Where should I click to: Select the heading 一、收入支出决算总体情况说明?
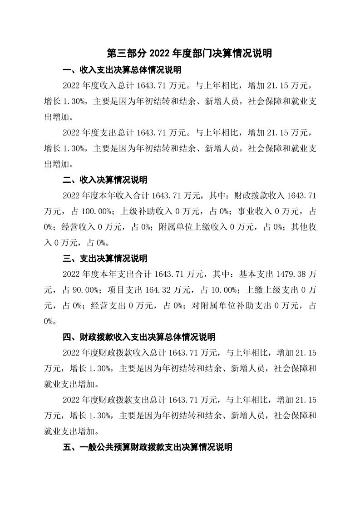pyautogui.click(x=122, y=70)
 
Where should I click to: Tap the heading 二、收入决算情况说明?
pyautogui.click(x=105, y=180)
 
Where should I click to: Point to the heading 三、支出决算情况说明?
pyautogui.click(x=105, y=259)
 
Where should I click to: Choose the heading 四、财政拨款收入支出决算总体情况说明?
pyautogui.click(x=139, y=337)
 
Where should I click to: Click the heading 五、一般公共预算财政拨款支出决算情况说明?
pyautogui.click(x=148, y=447)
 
